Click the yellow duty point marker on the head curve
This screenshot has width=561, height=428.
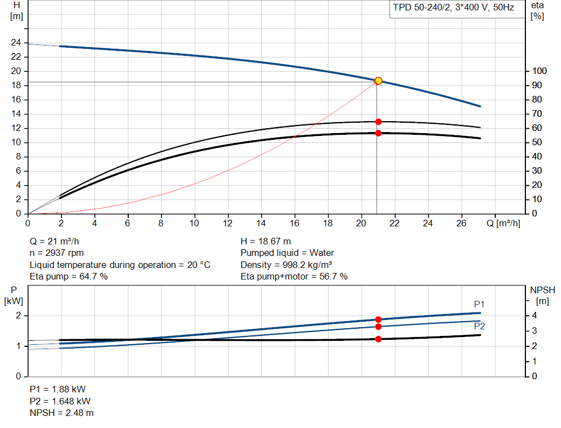click(378, 81)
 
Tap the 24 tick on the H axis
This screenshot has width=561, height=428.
click(16, 43)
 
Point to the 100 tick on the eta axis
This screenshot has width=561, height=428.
click(539, 71)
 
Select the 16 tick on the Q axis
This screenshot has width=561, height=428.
click(295, 223)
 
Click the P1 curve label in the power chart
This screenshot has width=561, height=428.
click(479, 304)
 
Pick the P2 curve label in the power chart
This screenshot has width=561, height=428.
click(479, 326)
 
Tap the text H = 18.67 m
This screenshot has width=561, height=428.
click(266, 241)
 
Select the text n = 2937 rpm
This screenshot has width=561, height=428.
click(58, 253)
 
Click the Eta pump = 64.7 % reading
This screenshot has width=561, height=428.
click(68, 277)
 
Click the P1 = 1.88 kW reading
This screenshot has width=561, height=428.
click(58, 389)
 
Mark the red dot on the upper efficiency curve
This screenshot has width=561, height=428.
click(378, 122)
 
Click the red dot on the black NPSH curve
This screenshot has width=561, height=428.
click(378, 339)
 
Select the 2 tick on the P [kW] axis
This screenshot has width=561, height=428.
click(18, 316)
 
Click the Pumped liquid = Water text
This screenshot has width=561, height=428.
click(287, 253)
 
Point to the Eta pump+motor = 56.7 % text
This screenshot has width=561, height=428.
click(294, 277)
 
